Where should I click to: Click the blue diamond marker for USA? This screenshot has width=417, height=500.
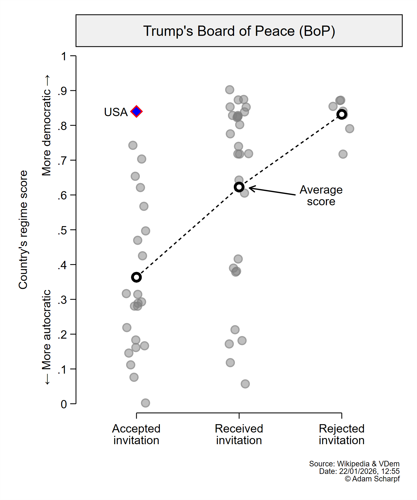[x=136, y=112]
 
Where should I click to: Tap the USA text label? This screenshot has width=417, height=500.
[x=116, y=112]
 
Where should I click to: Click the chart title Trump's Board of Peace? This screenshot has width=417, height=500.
[x=239, y=31]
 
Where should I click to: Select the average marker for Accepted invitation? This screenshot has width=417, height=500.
[x=136, y=277]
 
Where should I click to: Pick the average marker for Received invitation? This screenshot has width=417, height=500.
[x=239, y=187]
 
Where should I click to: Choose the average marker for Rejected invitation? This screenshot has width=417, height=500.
[x=342, y=114]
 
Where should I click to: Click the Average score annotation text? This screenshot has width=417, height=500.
[x=321, y=196]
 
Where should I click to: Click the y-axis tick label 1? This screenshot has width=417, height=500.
[x=64, y=56]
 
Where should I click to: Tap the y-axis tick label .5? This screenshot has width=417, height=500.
[x=62, y=230]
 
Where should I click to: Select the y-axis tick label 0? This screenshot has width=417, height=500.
[x=64, y=404]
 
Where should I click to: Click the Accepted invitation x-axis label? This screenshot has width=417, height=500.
[x=136, y=434]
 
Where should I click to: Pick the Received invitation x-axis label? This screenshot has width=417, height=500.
[x=239, y=434]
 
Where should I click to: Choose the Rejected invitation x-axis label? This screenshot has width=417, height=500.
[x=342, y=434]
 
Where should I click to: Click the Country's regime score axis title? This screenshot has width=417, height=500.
[x=23, y=230]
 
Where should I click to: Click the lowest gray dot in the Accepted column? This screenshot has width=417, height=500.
[x=145, y=403]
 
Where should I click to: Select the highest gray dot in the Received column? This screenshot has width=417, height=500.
[x=230, y=90]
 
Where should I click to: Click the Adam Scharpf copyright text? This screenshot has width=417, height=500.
[x=372, y=479]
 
